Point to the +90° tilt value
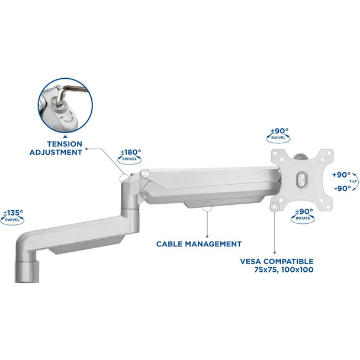click(x=341, y=175)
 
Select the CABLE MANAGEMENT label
click(x=198, y=243)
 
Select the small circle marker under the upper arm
click(x=207, y=207)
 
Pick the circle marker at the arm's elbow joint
click(x=125, y=179)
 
